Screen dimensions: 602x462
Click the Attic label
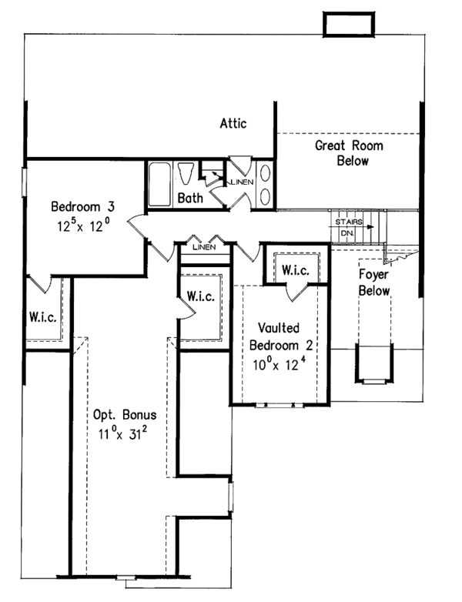(233, 123)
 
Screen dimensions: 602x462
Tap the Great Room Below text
(349, 153)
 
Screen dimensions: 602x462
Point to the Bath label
(190, 198)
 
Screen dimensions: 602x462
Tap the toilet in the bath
(186, 173)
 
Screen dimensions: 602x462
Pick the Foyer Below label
(373, 282)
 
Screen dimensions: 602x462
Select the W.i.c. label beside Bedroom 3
(41, 316)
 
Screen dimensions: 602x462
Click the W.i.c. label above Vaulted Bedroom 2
(295, 270)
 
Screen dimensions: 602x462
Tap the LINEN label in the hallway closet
(203, 247)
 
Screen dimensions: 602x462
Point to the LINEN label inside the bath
(239, 182)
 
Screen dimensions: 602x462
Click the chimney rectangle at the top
(346, 25)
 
